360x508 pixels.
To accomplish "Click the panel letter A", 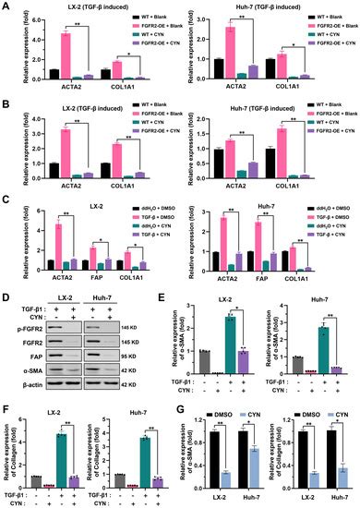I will click(x=6, y=7).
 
